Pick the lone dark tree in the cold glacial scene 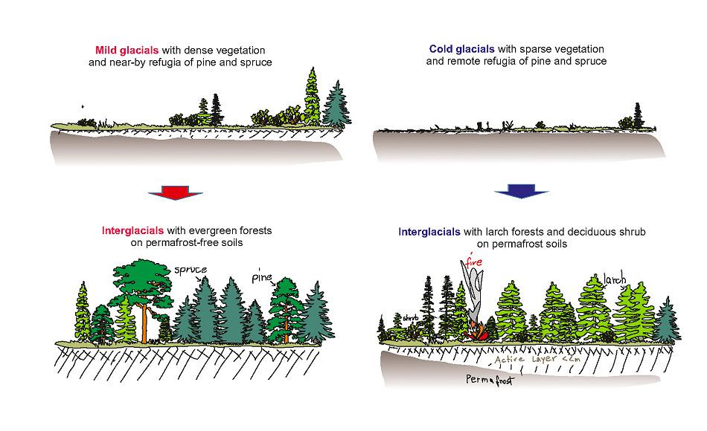[637, 117]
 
